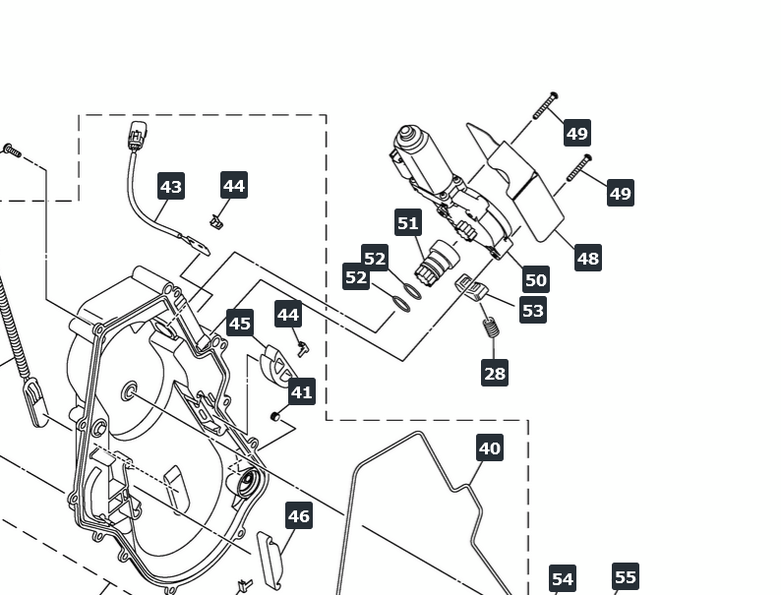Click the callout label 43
coord(171,186)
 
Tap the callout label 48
coord(588,258)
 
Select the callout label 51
coord(408,222)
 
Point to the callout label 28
coord(495,373)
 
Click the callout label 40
coord(490,448)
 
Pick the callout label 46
coord(299,515)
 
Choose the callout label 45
coord(240,324)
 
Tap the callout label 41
coord(301,391)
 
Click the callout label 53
coord(533,310)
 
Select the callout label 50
coord(536,279)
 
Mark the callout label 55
coord(626,576)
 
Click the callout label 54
coord(563,578)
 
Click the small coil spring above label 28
coord(491,327)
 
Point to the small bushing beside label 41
coord(274,416)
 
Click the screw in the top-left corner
coord(12,150)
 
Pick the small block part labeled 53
coord(470,288)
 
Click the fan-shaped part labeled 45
coord(275,365)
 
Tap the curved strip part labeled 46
coord(270,560)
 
